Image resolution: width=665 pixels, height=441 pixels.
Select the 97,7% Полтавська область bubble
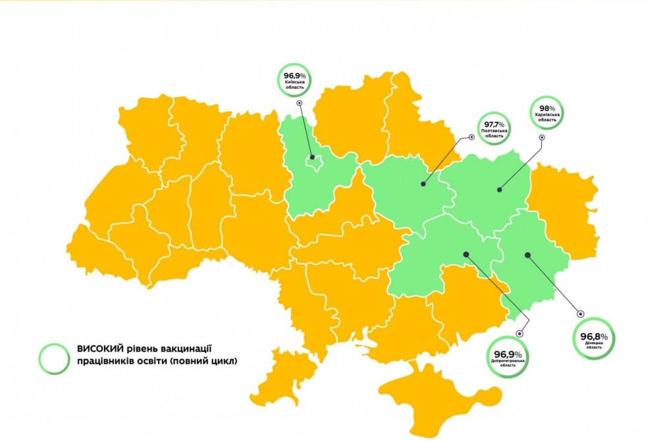click(494, 128)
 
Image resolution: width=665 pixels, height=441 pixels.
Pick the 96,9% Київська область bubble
click(294, 80)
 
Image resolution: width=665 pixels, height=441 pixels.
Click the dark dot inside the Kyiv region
click(312, 157)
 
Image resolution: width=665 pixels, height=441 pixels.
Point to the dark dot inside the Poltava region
click(423, 185)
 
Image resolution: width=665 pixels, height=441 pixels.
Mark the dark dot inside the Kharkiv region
click(499, 190)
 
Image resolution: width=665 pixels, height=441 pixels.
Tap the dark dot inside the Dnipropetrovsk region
click(465, 253)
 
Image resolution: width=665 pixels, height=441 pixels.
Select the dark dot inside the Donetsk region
click(527, 253)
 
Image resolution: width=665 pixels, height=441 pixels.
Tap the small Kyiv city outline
click(314, 162)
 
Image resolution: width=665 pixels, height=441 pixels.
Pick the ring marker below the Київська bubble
click(299, 103)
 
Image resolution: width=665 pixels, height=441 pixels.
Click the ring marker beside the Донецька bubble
click(580, 313)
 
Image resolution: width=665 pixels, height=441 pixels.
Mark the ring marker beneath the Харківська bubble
click(542, 138)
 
